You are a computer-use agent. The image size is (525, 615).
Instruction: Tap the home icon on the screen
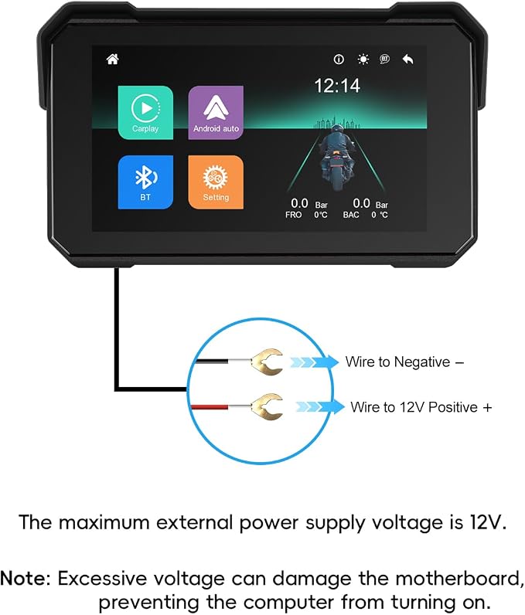click(x=113, y=59)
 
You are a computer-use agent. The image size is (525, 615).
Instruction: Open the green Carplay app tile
click(x=145, y=113)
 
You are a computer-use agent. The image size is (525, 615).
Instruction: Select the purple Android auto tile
click(x=216, y=113)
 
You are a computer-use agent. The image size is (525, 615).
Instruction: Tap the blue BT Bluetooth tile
click(x=145, y=182)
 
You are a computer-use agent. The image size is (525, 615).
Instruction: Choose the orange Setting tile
click(x=216, y=182)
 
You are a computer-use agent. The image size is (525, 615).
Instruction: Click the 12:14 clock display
click(x=337, y=86)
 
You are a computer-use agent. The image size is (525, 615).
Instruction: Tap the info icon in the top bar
click(x=339, y=59)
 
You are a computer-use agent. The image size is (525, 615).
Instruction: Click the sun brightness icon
click(x=363, y=59)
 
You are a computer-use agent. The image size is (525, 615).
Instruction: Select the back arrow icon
click(x=408, y=59)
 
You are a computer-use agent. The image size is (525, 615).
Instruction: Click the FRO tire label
click(x=294, y=215)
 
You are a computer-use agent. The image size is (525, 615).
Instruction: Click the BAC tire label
click(x=351, y=215)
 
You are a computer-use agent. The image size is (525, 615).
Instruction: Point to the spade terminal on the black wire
click(x=268, y=362)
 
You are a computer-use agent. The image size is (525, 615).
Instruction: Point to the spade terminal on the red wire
click(x=268, y=406)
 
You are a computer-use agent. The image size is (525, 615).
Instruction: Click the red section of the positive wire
click(x=210, y=407)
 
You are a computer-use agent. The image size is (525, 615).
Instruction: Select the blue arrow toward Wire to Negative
click(x=314, y=362)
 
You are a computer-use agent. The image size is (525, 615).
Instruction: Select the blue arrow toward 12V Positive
click(x=320, y=406)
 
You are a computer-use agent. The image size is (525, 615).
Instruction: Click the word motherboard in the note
click(x=459, y=579)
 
